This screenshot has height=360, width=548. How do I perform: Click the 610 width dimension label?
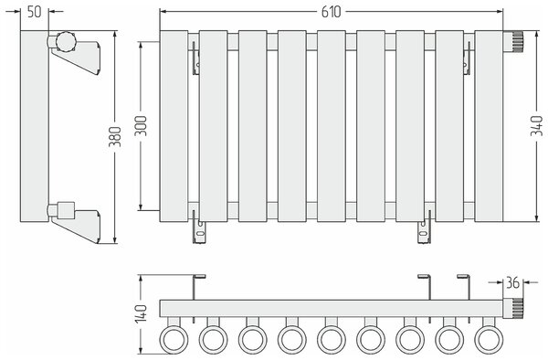tap(331, 12)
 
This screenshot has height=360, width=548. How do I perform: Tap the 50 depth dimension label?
tap(35, 12)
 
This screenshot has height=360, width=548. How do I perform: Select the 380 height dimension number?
tap(115, 137)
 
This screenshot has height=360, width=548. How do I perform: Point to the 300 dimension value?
tap(141, 126)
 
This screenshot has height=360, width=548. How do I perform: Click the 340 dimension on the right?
tap(537, 126)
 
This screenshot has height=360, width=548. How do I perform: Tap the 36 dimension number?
tap(512, 283)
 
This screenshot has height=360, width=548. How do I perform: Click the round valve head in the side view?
tap(66, 41)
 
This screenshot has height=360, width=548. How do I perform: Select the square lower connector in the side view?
tap(66, 210)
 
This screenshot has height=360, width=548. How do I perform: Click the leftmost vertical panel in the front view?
tap(174, 126)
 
